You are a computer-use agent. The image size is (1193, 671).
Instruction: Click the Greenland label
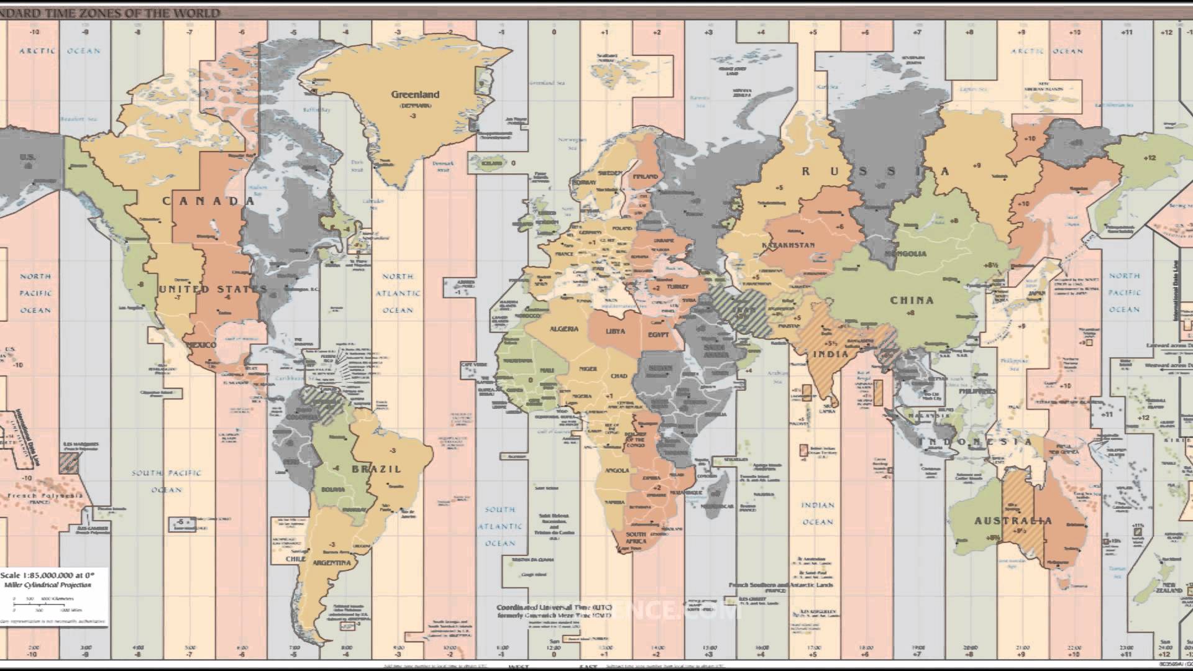point(414,94)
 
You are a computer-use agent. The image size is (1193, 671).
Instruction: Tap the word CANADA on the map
point(209,201)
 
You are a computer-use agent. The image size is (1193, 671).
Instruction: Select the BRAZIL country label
point(377,469)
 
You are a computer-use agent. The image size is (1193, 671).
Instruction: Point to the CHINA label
point(912,300)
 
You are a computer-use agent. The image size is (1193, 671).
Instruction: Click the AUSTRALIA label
point(1013,521)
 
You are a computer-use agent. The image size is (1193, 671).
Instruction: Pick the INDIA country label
point(831,354)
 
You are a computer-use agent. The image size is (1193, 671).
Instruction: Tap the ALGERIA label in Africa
point(564,329)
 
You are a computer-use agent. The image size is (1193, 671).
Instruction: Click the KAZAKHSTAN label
point(788,245)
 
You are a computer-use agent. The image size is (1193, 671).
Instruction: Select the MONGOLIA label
point(905,254)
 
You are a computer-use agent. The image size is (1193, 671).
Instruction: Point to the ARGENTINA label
point(332,563)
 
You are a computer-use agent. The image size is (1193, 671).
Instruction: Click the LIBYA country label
point(615,331)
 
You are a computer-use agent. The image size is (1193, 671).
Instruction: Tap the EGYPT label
point(658,335)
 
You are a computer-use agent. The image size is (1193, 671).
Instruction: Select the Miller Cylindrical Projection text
point(47,585)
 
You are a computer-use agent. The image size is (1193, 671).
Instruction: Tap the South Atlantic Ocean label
point(500,526)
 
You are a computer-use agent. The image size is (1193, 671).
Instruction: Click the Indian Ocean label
point(818,513)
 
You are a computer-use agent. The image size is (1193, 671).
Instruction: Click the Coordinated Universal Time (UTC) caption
point(554,607)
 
